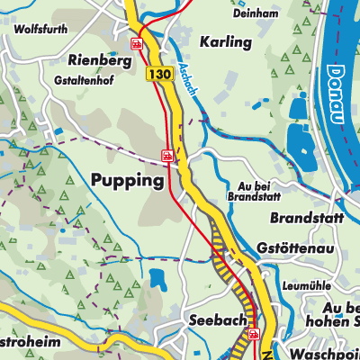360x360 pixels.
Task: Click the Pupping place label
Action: (128, 181)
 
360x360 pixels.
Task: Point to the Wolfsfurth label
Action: (41, 29)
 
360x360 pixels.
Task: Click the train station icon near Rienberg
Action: (137, 43)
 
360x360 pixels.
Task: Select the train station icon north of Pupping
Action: (166, 156)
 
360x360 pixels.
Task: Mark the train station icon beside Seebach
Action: (253, 332)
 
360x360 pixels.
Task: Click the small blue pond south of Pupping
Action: (157, 279)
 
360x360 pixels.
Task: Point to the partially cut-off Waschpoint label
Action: (314, 351)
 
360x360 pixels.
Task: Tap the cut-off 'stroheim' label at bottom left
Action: (31, 344)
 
